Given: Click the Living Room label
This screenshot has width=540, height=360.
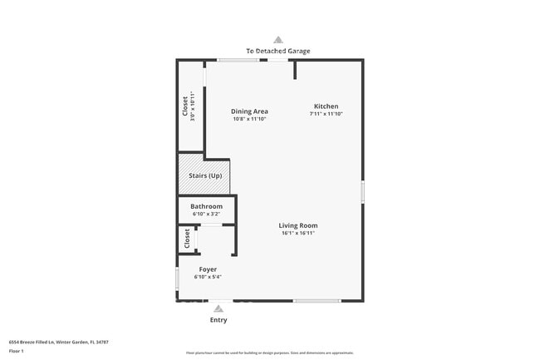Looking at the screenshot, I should click(x=297, y=225).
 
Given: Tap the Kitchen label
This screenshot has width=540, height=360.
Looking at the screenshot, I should click(x=326, y=106).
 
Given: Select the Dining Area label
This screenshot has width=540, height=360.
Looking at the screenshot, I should click(x=249, y=111).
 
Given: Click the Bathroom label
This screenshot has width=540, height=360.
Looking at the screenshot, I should click(x=206, y=206).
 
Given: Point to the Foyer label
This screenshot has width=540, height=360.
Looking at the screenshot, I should click(x=208, y=269).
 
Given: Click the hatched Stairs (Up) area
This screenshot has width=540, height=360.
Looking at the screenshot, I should click(x=204, y=175).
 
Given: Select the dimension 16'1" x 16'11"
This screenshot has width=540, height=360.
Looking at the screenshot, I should click(x=297, y=234).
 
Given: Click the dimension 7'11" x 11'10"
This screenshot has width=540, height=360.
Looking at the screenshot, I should click(x=326, y=114).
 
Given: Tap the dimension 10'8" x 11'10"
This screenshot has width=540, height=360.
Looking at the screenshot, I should click(x=249, y=119).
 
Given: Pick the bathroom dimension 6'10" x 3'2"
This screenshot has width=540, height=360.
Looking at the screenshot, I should click(x=206, y=214).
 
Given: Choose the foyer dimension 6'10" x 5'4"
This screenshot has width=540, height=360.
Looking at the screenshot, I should click(x=208, y=277).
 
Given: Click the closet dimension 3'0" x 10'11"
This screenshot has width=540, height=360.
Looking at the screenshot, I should click(x=192, y=106).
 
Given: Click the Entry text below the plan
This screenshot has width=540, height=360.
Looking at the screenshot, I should click(x=218, y=320).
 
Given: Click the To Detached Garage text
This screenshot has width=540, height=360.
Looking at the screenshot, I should click(x=278, y=51).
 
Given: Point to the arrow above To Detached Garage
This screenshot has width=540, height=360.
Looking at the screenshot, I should click(x=278, y=39).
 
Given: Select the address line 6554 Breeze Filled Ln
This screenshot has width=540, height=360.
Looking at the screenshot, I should click(x=58, y=342).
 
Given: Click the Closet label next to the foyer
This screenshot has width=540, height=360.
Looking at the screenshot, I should click(x=187, y=239).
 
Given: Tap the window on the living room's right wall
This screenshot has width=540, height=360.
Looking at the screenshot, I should click(x=362, y=191).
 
